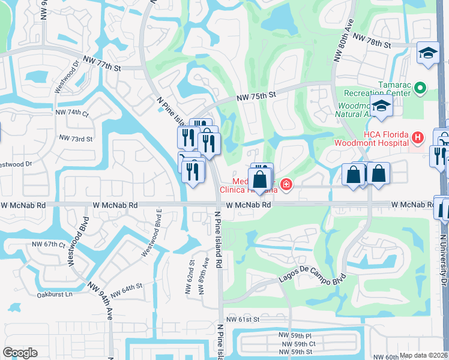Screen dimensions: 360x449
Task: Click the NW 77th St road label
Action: pyautogui.click(x=106, y=62)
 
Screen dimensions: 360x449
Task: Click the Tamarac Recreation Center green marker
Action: pyautogui.click(x=420, y=89)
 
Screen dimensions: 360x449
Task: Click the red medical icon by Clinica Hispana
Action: pyautogui.click(x=286, y=184)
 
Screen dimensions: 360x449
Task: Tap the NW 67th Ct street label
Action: pyautogui.click(x=48, y=244)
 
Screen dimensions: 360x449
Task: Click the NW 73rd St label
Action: pyautogui.click(x=76, y=138)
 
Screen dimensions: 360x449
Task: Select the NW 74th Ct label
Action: pyautogui.click(x=71, y=113)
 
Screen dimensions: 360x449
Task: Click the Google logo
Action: pyautogui.click(x=20, y=353)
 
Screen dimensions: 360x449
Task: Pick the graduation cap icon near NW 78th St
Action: pyautogui.click(x=429, y=55)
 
